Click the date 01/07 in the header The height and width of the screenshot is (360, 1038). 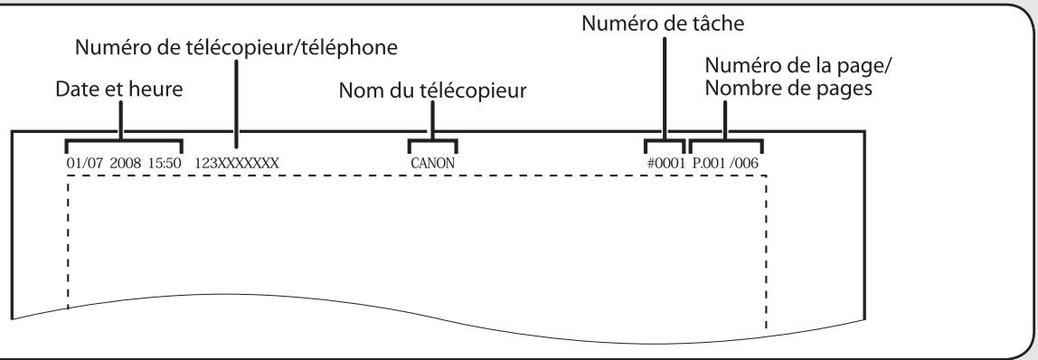[x=80, y=164]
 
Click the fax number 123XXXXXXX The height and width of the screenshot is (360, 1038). [x=237, y=164]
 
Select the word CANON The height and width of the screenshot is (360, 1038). [x=432, y=164]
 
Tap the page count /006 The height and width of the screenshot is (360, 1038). [x=745, y=164]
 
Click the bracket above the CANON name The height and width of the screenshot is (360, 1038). [x=432, y=142]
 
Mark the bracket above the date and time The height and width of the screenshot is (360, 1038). [x=124, y=142]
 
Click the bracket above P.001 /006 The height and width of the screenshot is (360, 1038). [x=726, y=142]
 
